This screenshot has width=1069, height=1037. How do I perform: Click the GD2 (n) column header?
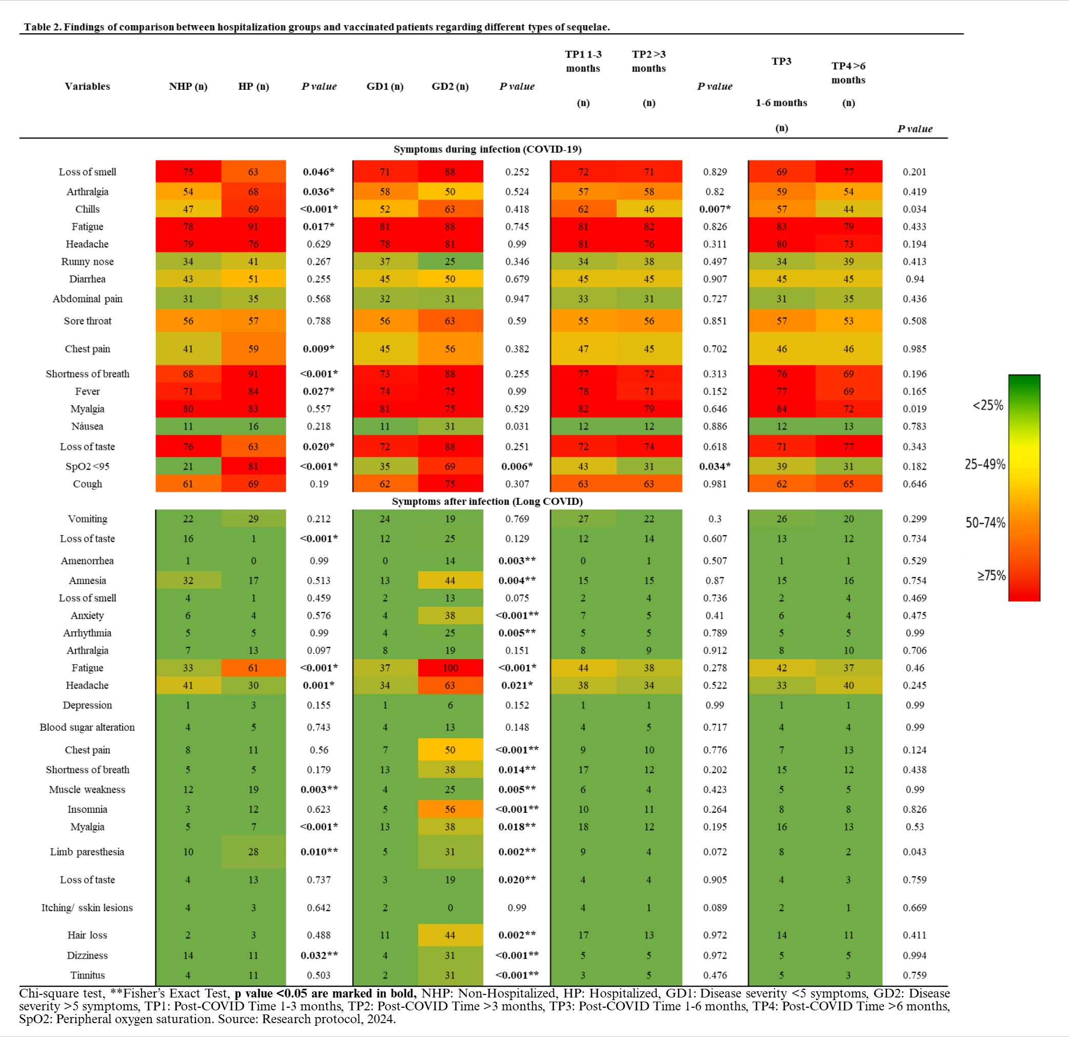[450, 86]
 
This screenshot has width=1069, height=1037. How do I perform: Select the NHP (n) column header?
[188, 86]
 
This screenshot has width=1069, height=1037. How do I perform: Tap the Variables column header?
[87, 86]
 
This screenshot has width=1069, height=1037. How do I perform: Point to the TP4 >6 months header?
[848, 73]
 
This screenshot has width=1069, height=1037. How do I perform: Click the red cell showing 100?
[450, 668]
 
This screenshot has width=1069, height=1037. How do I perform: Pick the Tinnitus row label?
[87, 975]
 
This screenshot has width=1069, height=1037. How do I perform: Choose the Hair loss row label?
[87, 935]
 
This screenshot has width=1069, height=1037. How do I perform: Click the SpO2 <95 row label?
[87, 466]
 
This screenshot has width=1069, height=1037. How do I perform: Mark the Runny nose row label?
[87, 261]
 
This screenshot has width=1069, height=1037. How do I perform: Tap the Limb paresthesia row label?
[87, 852]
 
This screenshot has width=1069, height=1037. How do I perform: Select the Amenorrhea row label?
[87, 561]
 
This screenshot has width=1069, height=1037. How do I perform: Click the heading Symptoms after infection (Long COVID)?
[487, 501]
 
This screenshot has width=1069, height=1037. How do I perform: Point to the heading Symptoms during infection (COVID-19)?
[487, 149]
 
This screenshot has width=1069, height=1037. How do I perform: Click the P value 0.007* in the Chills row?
[715, 209]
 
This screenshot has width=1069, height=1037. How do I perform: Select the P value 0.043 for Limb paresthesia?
[915, 852]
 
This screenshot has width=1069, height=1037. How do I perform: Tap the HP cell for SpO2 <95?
[253, 466]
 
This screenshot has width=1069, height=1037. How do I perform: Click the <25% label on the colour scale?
[988, 405]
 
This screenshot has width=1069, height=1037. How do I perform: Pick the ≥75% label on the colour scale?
[991, 576]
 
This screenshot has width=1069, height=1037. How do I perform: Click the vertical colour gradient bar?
[1024, 487]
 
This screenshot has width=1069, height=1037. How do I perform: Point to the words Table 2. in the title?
[43, 27]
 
